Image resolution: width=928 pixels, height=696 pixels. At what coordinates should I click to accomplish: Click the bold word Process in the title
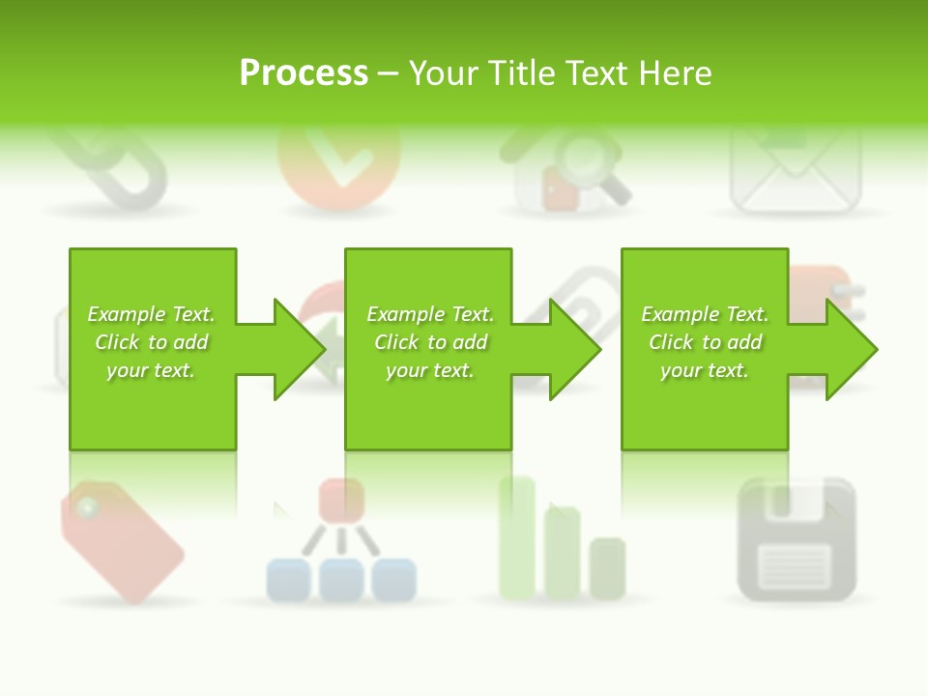coord(304,73)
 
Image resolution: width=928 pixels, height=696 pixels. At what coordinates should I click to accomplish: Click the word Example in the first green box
coord(126,314)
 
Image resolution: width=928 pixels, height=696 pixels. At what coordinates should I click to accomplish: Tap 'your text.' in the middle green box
coord(429,370)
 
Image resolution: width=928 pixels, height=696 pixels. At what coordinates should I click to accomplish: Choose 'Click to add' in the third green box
coord(705,342)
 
